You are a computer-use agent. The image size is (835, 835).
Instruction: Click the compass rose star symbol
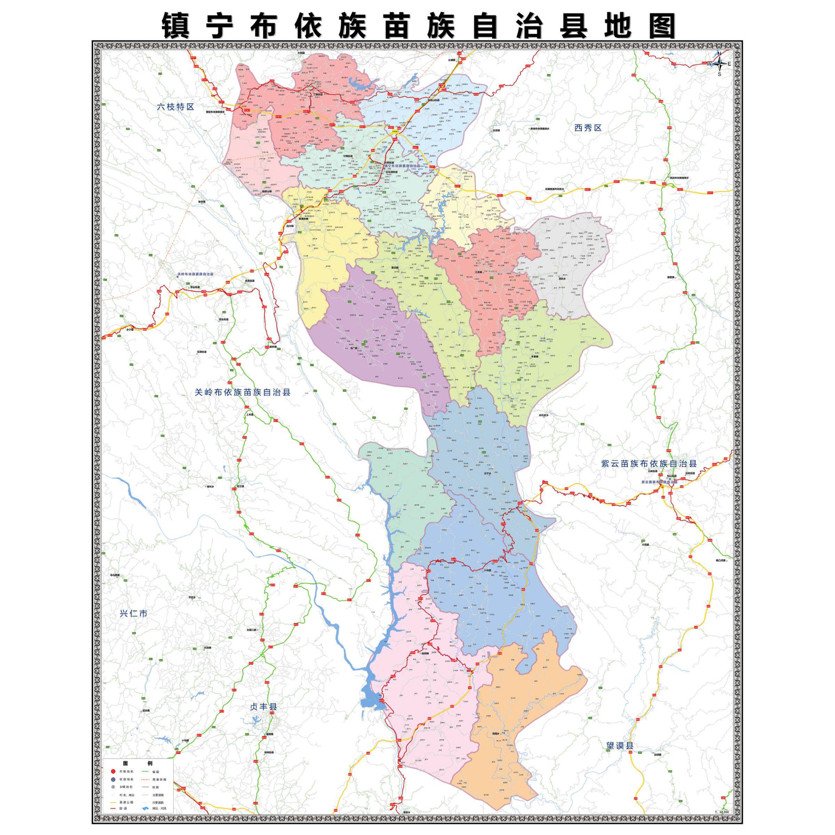tap(719, 64)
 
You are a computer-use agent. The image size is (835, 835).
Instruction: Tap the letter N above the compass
tap(719, 54)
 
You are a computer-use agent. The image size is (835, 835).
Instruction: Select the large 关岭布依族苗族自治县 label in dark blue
tap(242, 392)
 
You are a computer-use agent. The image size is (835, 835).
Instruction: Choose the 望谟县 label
tap(619, 745)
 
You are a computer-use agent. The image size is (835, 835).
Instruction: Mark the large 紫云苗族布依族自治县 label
tap(649, 464)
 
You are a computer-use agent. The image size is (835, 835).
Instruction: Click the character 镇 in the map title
tap(176, 26)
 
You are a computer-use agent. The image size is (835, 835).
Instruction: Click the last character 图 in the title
tap(661, 26)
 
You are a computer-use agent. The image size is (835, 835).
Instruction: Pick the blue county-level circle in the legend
tap(113, 780)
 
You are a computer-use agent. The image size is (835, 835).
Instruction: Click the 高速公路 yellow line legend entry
tap(113, 803)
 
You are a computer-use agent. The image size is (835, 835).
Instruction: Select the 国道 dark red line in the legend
tap(113, 809)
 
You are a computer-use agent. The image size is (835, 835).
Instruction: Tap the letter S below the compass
tap(719, 74)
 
